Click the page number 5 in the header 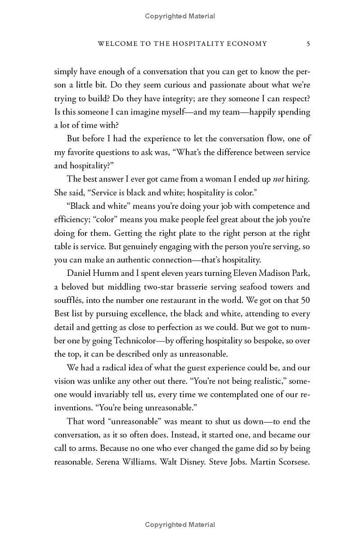[x=308, y=44]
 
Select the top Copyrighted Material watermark [x=180, y=16]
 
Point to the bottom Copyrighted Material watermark [x=180, y=525]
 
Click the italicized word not [x=279, y=179]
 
